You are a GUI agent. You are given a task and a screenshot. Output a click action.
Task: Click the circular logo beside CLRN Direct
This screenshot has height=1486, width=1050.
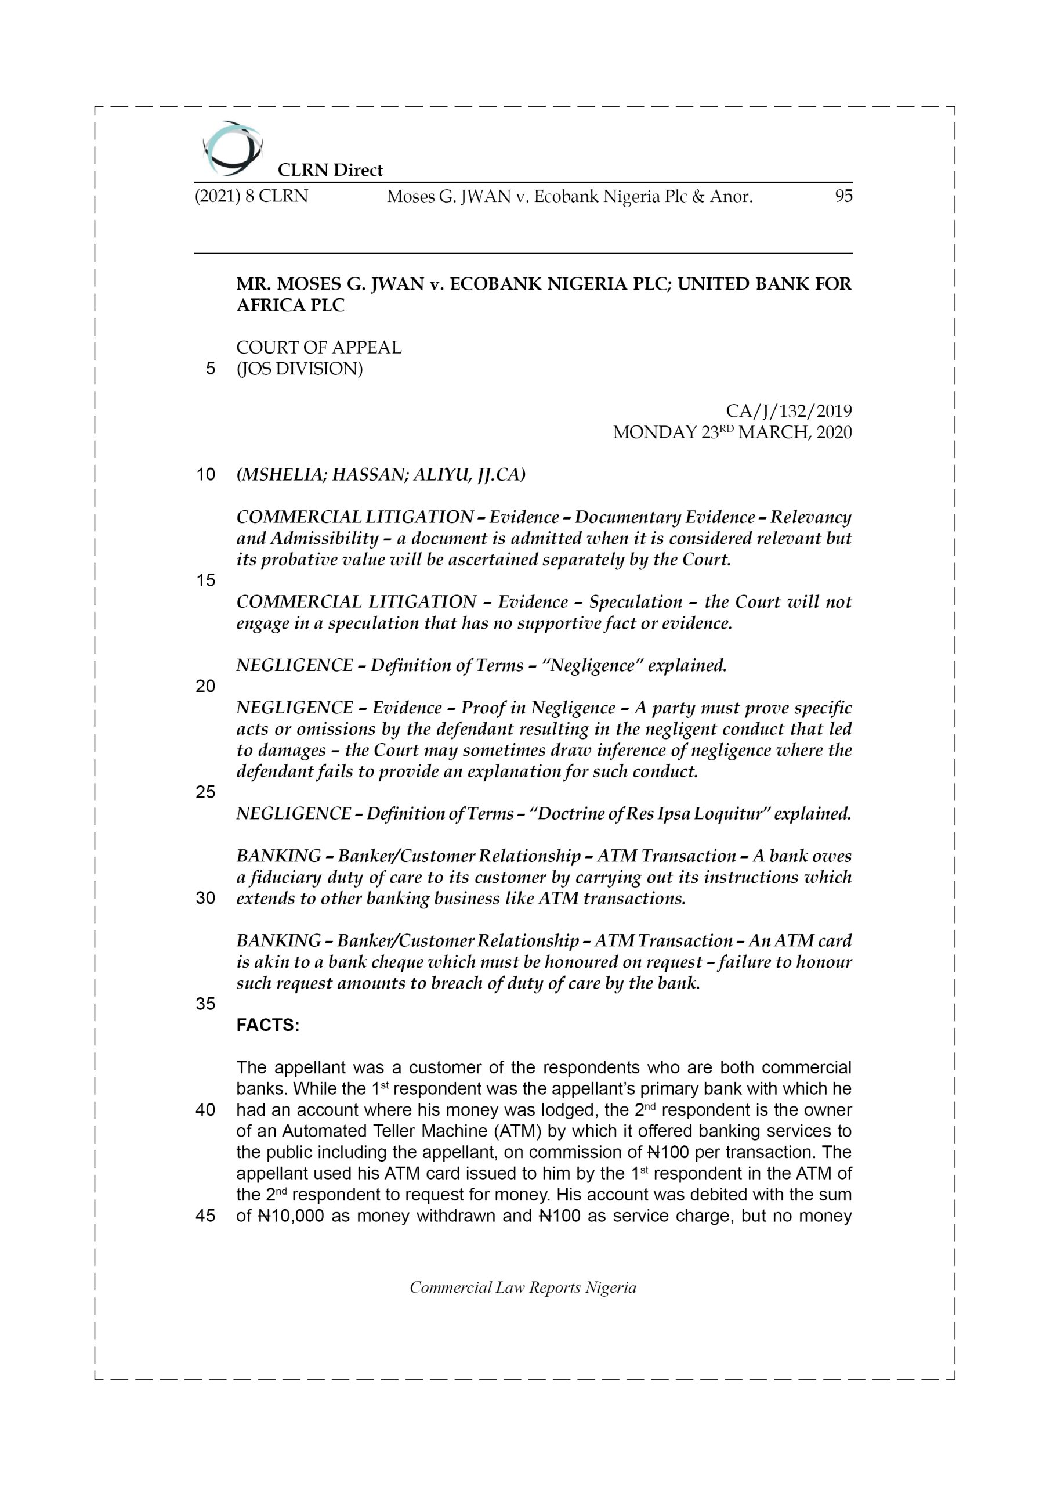231,149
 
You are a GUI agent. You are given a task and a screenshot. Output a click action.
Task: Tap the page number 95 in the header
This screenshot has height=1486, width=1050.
843,196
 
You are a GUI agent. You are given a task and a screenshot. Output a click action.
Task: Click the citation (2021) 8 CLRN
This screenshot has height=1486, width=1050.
251,196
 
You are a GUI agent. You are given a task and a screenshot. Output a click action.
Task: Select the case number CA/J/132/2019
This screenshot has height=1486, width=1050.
788,411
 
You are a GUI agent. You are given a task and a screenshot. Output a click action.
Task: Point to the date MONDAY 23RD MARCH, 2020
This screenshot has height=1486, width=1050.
732,432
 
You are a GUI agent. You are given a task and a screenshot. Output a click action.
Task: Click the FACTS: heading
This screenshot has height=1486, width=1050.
268,1025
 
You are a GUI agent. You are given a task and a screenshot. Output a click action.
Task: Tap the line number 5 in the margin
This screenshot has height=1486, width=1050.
210,369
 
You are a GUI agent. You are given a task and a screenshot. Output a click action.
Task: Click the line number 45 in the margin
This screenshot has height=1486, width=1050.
205,1216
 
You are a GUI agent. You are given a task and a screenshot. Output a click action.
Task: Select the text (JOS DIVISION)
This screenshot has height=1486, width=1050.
299,369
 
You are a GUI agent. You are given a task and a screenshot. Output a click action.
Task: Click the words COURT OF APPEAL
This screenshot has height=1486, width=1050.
319,348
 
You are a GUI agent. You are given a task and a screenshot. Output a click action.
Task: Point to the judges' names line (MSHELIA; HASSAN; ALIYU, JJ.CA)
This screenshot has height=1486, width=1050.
381,475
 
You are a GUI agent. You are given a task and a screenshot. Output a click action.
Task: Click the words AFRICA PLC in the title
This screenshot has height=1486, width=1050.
291,305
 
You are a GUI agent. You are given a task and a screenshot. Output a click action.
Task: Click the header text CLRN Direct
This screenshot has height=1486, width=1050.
330,170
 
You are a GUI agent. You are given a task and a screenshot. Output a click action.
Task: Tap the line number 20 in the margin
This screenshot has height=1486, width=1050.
205,686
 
